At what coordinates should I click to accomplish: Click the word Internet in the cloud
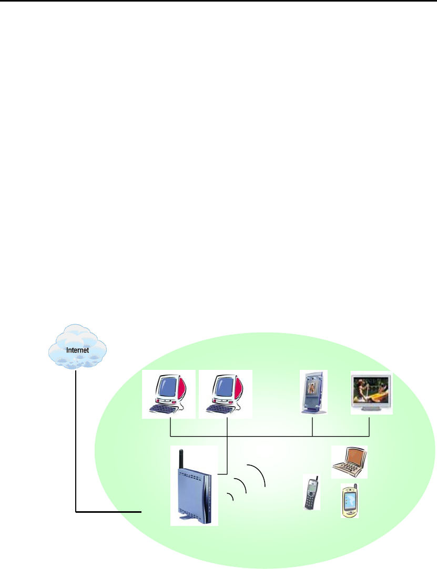77,349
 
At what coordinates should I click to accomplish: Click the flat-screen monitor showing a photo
371,393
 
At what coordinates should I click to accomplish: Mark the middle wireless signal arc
244,486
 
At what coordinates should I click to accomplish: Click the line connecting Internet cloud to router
76,447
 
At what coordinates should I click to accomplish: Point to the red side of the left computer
182,390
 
